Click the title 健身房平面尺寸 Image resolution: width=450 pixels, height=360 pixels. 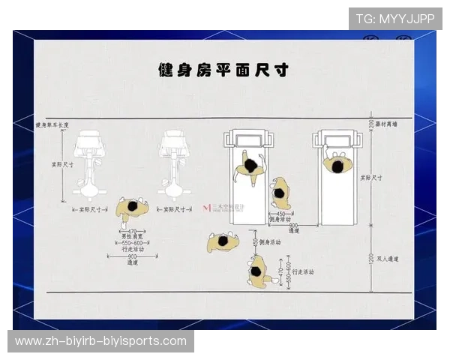coord(223,70)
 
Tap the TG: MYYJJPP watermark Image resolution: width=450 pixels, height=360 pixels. coord(394,18)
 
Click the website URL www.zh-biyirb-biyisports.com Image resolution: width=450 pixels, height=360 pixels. coord(100,341)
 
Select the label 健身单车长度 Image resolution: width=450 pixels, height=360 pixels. coord(52,125)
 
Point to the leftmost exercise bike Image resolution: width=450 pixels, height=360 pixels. coord(91,165)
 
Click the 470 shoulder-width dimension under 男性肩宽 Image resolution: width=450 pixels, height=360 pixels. coord(132,232)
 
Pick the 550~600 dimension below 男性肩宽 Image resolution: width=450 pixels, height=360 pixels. coord(132,244)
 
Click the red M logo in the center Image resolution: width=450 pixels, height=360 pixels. coord(207,206)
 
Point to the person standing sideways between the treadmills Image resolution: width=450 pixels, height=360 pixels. coord(280,193)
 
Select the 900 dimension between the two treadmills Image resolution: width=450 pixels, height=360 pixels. coord(293,225)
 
